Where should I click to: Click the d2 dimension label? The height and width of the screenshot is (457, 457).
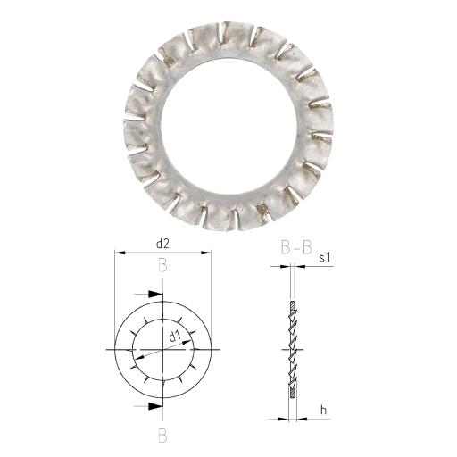[x=162, y=244]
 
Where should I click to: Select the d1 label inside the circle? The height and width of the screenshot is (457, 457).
[x=175, y=337]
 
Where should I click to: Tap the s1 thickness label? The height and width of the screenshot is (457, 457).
[x=325, y=258]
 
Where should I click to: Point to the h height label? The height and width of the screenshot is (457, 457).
[x=323, y=411]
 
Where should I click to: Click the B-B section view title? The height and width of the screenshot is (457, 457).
[x=296, y=247]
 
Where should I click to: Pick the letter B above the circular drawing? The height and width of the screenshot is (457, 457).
[x=162, y=265]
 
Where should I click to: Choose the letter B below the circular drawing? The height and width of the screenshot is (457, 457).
[x=162, y=436]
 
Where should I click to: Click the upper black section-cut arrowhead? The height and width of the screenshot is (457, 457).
[x=155, y=294]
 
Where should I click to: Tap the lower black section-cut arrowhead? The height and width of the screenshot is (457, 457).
[x=155, y=406]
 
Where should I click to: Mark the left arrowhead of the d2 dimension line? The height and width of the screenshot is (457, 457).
[x=120, y=253]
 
